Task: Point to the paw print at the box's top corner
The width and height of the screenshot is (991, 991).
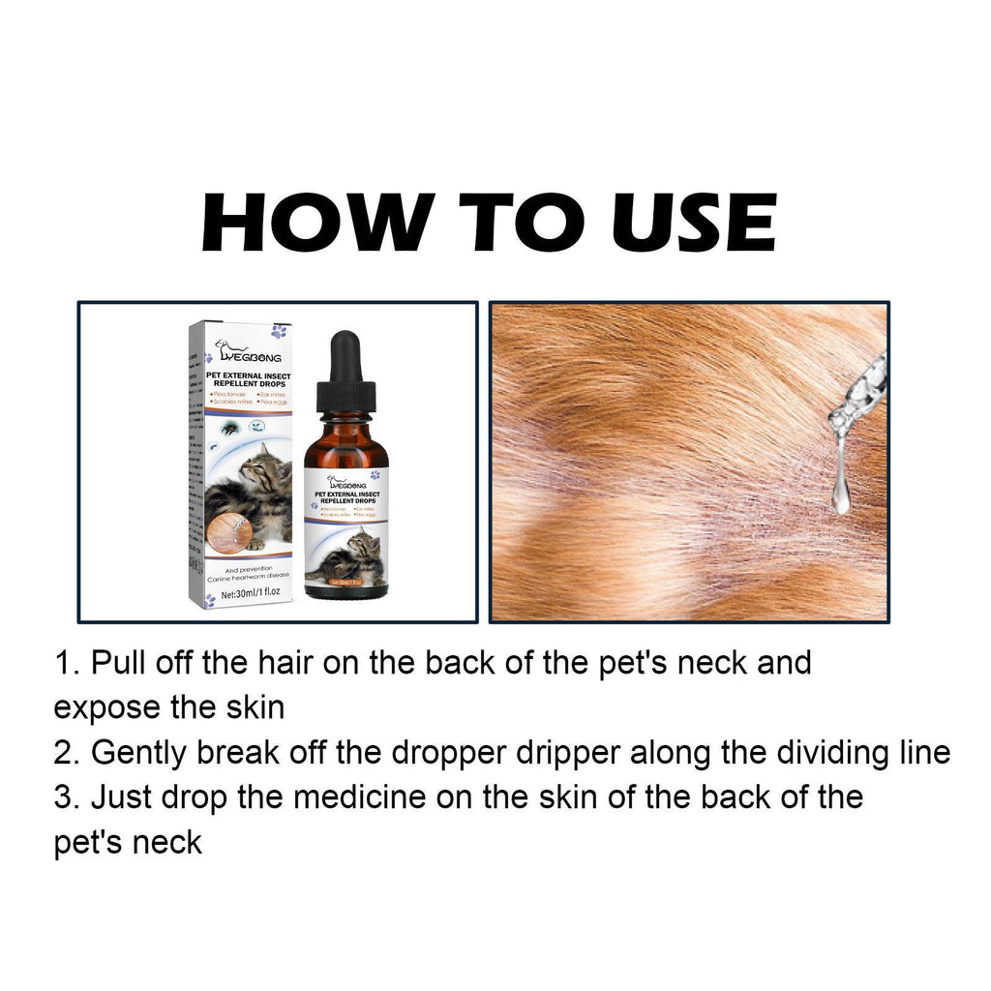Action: (x=280, y=331)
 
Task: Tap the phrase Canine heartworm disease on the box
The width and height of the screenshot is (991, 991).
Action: (x=249, y=577)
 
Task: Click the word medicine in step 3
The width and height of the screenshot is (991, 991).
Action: (x=359, y=797)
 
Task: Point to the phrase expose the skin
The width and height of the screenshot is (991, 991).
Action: (x=168, y=708)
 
